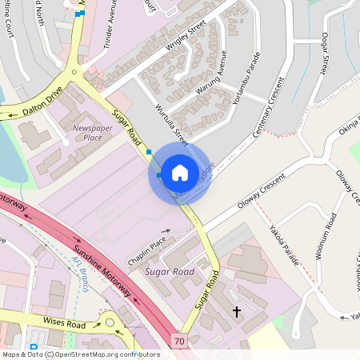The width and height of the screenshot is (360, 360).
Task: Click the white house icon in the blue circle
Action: [x=180, y=173]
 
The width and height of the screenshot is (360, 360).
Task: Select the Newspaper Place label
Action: [x=86, y=133]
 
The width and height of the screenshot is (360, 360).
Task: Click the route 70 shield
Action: [x=178, y=342]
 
